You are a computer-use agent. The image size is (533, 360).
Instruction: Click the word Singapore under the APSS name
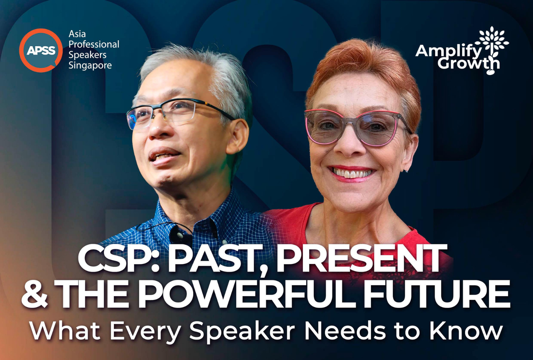(90, 65)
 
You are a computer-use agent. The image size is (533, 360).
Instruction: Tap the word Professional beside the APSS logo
(94, 45)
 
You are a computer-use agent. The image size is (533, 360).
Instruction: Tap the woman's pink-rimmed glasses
(357, 127)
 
